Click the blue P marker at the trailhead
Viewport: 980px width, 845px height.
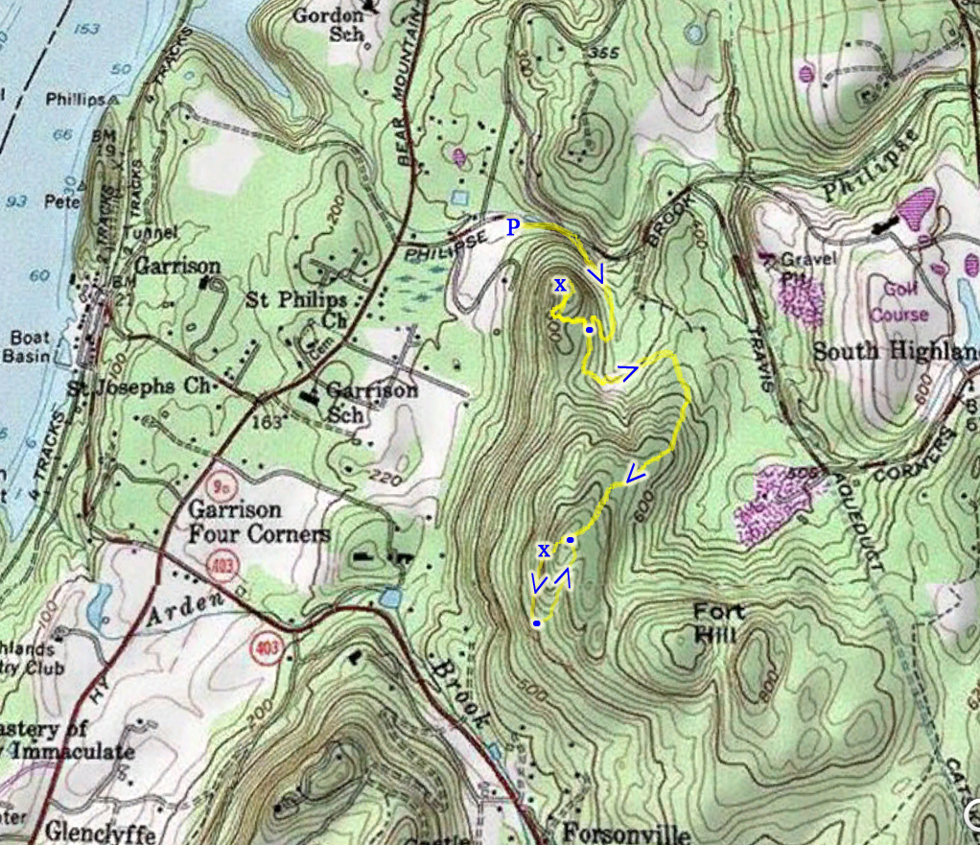pyautogui.click(x=513, y=226)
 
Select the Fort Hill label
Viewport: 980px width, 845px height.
pyautogui.click(x=719, y=621)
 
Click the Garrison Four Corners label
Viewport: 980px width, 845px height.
pyautogui.click(x=258, y=522)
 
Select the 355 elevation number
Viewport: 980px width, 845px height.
pyautogui.click(x=606, y=52)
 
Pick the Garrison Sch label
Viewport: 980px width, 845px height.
pyautogui.click(x=370, y=402)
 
